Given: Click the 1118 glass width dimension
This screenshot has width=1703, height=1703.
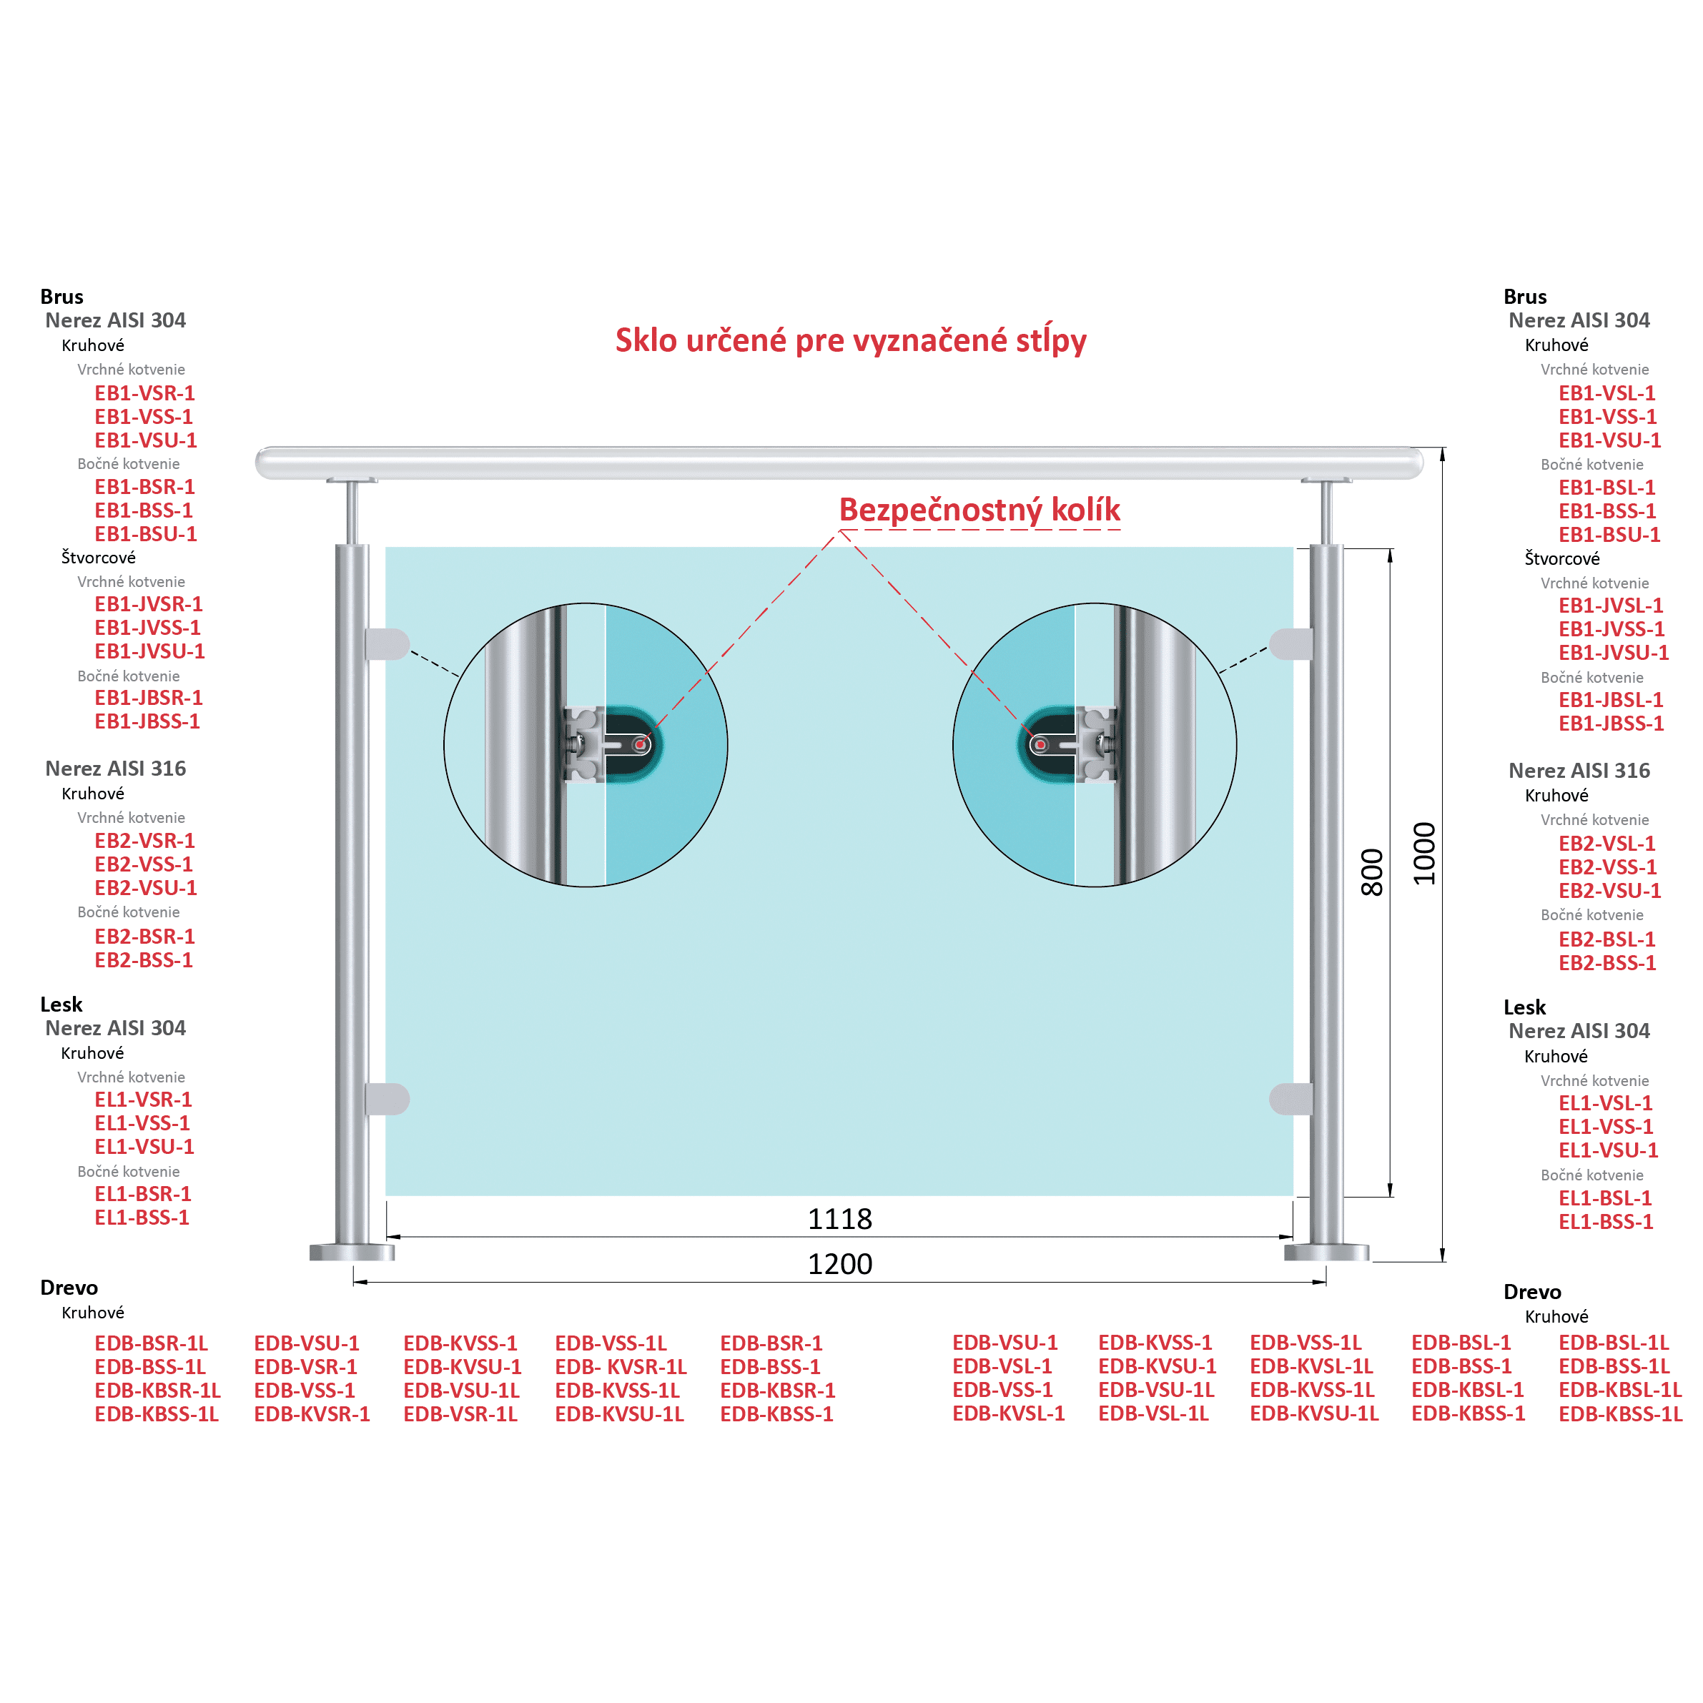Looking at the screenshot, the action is click(x=839, y=1219).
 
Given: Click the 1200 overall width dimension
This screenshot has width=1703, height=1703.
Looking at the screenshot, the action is click(x=839, y=1264).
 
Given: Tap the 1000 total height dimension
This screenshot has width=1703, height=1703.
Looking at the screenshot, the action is click(x=1424, y=853).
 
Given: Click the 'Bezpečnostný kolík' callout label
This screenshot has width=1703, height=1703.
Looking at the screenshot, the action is click(x=979, y=510).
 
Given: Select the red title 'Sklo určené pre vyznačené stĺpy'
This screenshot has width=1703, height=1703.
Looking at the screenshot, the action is click(x=851, y=340).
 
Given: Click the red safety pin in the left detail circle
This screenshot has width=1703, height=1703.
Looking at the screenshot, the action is click(x=641, y=745).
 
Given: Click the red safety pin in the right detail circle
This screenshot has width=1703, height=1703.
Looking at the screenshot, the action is click(x=1040, y=745).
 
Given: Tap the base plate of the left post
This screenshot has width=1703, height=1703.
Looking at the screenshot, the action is click(x=352, y=1252).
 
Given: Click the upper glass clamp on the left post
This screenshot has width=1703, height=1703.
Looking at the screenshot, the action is click(x=387, y=643).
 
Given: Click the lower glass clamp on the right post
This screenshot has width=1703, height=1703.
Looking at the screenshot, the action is click(x=1291, y=1099).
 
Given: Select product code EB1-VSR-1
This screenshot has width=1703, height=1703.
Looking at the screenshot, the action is click(x=144, y=393).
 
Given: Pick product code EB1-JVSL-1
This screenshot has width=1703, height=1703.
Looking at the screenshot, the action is click(x=1611, y=606).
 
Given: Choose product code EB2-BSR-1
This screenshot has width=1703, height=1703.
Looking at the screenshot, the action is click(x=144, y=936).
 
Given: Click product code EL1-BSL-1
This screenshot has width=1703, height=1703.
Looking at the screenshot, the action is click(x=1605, y=1198).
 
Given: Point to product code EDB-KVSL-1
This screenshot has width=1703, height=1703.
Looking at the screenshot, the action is click(x=1008, y=1413).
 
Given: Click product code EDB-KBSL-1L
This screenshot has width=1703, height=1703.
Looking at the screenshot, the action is click(x=1620, y=1390).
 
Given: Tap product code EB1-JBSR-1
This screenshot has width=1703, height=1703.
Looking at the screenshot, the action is click(x=149, y=697).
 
